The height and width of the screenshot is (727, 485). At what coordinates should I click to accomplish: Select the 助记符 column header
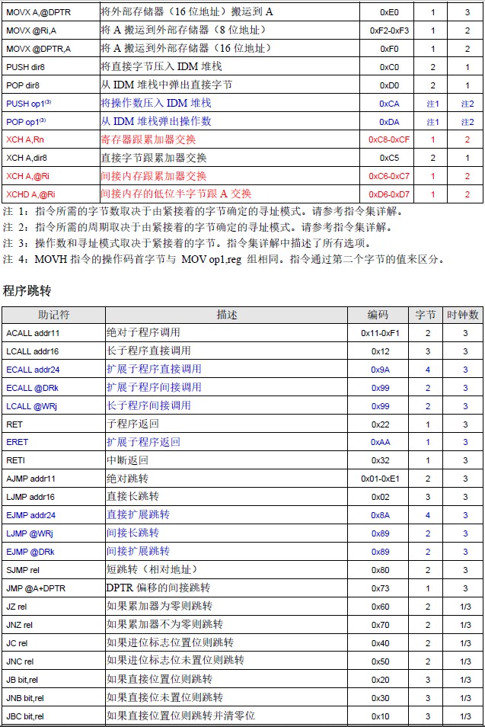click(x=54, y=315)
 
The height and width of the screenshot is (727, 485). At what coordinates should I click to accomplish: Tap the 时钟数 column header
click(x=464, y=315)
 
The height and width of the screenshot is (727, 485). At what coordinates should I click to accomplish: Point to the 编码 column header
click(x=378, y=315)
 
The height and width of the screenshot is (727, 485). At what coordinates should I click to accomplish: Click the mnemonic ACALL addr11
click(x=33, y=333)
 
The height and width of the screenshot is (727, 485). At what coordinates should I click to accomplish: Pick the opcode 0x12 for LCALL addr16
click(x=380, y=351)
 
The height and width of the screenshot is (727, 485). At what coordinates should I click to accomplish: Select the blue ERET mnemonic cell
click(x=18, y=442)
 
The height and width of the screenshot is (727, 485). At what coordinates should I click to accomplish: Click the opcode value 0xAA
click(x=380, y=442)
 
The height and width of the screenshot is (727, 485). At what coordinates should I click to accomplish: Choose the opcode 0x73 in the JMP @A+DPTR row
click(x=380, y=588)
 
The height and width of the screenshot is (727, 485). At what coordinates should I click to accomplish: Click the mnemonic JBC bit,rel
click(x=26, y=716)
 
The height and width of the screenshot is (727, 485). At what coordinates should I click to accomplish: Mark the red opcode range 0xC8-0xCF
click(x=388, y=140)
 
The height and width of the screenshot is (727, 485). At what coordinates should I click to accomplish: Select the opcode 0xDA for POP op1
click(x=389, y=122)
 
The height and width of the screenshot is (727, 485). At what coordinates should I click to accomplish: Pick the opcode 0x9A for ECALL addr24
click(x=380, y=370)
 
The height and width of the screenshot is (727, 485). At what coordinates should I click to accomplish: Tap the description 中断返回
click(x=127, y=460)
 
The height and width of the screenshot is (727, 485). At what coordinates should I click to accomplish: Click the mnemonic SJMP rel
click(x=23, y=570)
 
